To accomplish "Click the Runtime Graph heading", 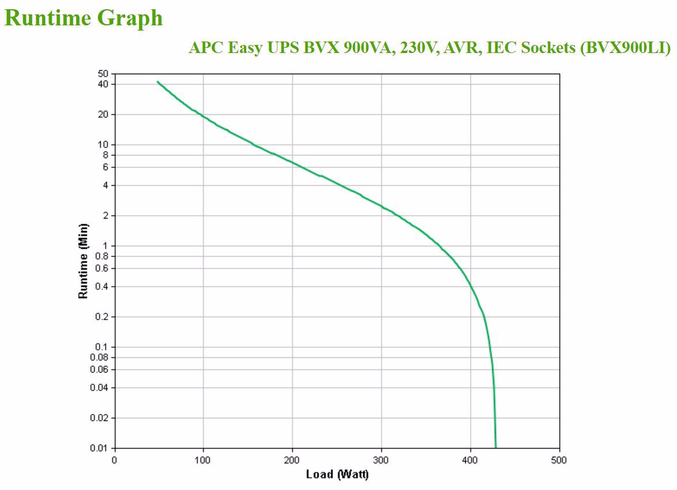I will pos(84,18).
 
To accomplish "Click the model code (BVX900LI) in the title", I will pos(625,48).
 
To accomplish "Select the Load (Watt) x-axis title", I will pos(336,474).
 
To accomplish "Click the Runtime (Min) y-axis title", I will pos(84,261).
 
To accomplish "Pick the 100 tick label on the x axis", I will pos(203,460).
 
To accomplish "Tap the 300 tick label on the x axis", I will pos(381,460).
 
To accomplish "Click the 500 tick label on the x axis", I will pos(559,460).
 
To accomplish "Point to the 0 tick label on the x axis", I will pos(114,460).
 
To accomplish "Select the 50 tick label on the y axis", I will pos(103,74).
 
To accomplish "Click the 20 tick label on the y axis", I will pos(103,114).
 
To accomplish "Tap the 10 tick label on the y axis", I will pos(103,145).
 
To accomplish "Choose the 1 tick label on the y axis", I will pos(105,246).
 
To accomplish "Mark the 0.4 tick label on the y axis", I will pos(101,287).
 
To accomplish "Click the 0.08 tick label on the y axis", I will pos(99,357).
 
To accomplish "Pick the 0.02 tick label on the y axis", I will pos(99,418).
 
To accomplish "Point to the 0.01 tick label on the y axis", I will pos(99,448).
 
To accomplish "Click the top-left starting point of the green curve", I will pos(157,82).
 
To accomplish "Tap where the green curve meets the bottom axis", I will pos(495,447).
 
